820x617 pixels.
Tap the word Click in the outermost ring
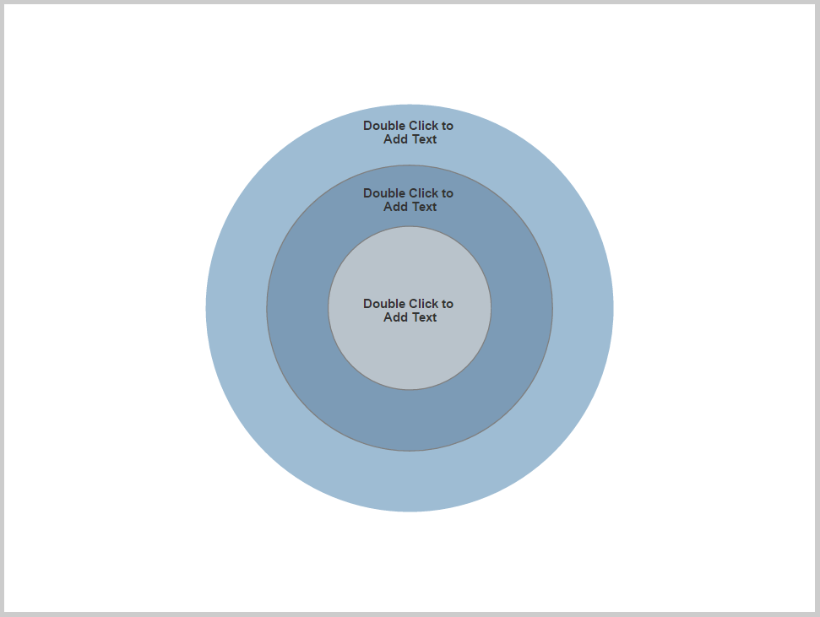425,126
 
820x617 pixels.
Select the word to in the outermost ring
448,126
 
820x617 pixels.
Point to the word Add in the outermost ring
395,139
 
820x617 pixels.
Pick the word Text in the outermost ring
424,139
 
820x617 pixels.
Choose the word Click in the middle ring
425,193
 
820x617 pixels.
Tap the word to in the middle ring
448,193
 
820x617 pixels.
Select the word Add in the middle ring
395,207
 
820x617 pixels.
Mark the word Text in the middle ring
424,207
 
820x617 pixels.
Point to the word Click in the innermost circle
425,304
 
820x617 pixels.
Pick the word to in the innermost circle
448,304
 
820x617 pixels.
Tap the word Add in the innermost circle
395,317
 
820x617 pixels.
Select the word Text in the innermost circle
424,317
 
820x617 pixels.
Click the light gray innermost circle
410,355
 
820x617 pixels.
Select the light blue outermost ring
410,481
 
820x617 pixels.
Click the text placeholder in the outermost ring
410,133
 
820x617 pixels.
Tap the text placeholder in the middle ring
410,200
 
